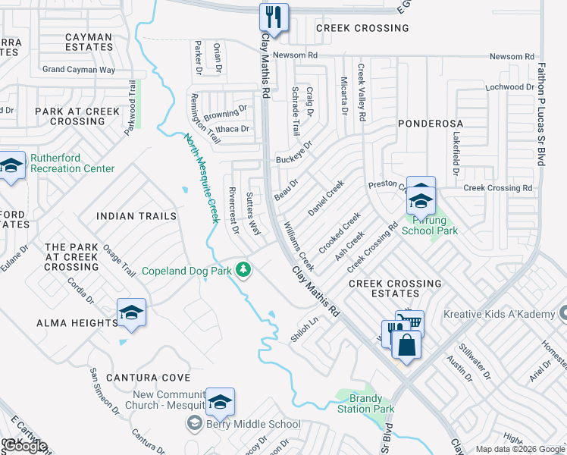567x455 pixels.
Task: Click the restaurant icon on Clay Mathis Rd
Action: (x=272, y=17)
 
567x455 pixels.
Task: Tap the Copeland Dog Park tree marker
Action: (x=243, y=270)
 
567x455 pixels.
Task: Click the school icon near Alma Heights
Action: (x=131, y=312)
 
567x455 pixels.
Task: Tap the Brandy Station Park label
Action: (x=371, y=403)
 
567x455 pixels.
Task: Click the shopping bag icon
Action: (x=406, y=345)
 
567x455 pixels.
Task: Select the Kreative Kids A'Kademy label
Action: (x=505, y=313)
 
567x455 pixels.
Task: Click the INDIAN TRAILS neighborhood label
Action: (x=136, y=216)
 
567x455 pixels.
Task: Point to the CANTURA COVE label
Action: (x=149, y=377)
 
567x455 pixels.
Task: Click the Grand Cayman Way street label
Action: (x=79, y=70)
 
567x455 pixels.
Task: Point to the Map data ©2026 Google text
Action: (x=519, y=449)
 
